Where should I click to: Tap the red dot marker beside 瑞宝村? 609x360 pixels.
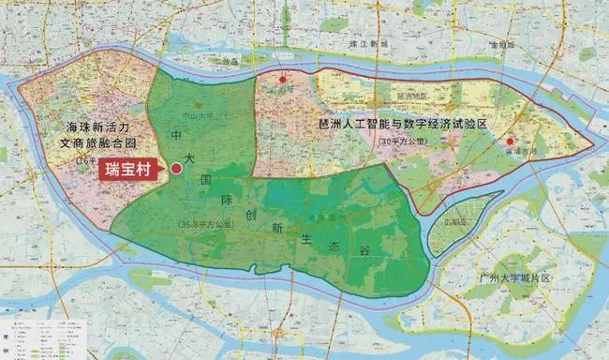pos(176,169)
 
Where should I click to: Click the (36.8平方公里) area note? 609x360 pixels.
pos(205,224)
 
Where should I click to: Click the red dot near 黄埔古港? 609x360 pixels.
pos(510,141)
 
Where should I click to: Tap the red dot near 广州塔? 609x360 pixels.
pos(283,82)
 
